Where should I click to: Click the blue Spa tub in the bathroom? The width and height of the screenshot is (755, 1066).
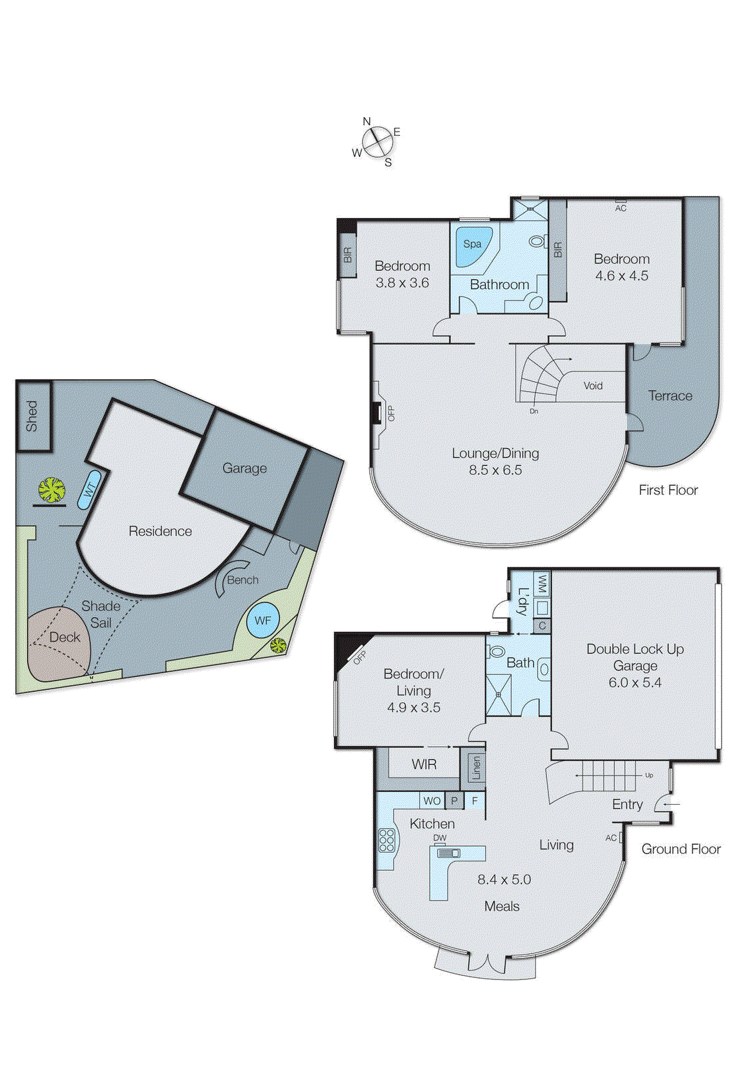click(472, 246)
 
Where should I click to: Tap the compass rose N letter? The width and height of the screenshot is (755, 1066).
click(367, 121)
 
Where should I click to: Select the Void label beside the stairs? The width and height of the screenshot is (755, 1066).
click(592, 386)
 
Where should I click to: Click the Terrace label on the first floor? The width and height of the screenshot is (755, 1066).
click(670, 396)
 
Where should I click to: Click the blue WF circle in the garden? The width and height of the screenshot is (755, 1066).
click(263, 621)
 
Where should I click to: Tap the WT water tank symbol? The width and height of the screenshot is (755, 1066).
click(89, 489)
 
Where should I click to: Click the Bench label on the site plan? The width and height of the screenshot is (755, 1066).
click(243, 580)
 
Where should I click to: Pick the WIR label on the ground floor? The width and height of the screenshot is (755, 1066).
click(424, 765)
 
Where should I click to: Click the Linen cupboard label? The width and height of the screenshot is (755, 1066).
click(475, 768)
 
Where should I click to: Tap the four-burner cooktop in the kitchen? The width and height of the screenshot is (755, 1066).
click(386, 840)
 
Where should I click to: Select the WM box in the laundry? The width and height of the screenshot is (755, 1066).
click(542, 584)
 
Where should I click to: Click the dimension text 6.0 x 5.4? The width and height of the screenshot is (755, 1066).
click(634, 682)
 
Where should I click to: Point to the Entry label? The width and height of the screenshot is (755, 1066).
click(627, 804)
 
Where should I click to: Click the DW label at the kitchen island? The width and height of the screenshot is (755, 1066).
click(440, 838)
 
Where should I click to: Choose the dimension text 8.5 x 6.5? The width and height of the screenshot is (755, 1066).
click(495, 470)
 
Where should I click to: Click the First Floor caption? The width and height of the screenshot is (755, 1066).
click(668, 490)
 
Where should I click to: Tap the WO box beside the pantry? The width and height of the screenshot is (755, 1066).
click(432, 801)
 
